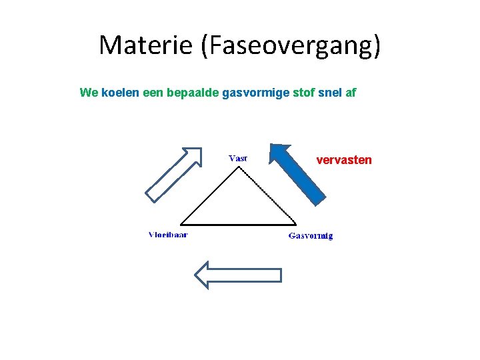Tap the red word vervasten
(344, 160)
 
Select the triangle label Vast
(238, 159)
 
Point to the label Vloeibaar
(167, 235)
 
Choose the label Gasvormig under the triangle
(311, 235)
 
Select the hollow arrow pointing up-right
(173, 174)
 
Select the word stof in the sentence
(303, 92)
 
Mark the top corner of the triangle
(239, 167)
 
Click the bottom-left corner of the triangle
(181, 224)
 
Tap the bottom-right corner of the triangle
(296, 224)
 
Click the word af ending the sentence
(351, 92)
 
